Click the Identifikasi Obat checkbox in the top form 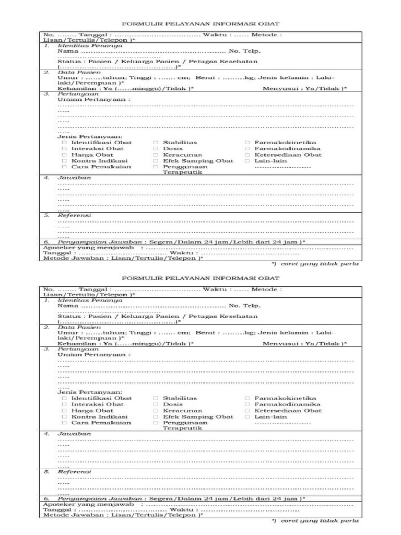(x=64, y=143)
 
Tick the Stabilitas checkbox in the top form (x=156, y=143)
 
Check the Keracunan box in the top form (x=156, y=155)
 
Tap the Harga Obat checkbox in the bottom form (x=64, y=411)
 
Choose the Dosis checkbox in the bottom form (x=156, y=404)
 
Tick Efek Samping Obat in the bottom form (x=156, y=417)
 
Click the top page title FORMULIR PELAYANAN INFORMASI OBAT (x=200, y=24)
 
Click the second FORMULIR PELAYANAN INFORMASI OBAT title (x=200, y=279)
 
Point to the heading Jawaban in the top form (x=74, y=178)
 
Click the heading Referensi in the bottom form (x=74, y=471)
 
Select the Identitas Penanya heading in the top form (x=90, y=45)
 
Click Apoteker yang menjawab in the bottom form (x=88, y=504)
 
